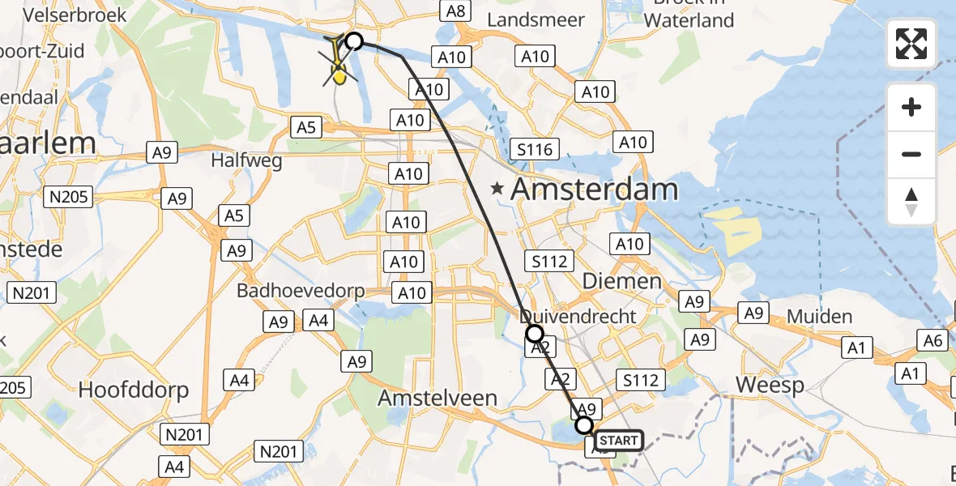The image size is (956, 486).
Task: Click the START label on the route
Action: point(620,441)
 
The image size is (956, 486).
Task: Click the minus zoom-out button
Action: point(911,154)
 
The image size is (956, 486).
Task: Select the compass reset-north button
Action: point(911,202)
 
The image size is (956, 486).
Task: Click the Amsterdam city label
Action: point(594,190)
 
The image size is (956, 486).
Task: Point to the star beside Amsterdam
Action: point(497,189)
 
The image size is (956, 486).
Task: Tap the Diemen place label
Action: point(622,281)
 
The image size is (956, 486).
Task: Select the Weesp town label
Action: point(770,385)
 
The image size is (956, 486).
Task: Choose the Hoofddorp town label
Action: point(134,390)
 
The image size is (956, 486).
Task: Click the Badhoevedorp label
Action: point(301,290)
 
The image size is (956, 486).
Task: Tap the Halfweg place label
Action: point(246,160)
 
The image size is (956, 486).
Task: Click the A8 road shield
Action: point(455,11)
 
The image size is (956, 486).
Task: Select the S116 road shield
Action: point(535,149)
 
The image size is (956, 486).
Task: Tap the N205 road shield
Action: point(70,196)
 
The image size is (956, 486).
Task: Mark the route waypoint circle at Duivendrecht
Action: point(534,333)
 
